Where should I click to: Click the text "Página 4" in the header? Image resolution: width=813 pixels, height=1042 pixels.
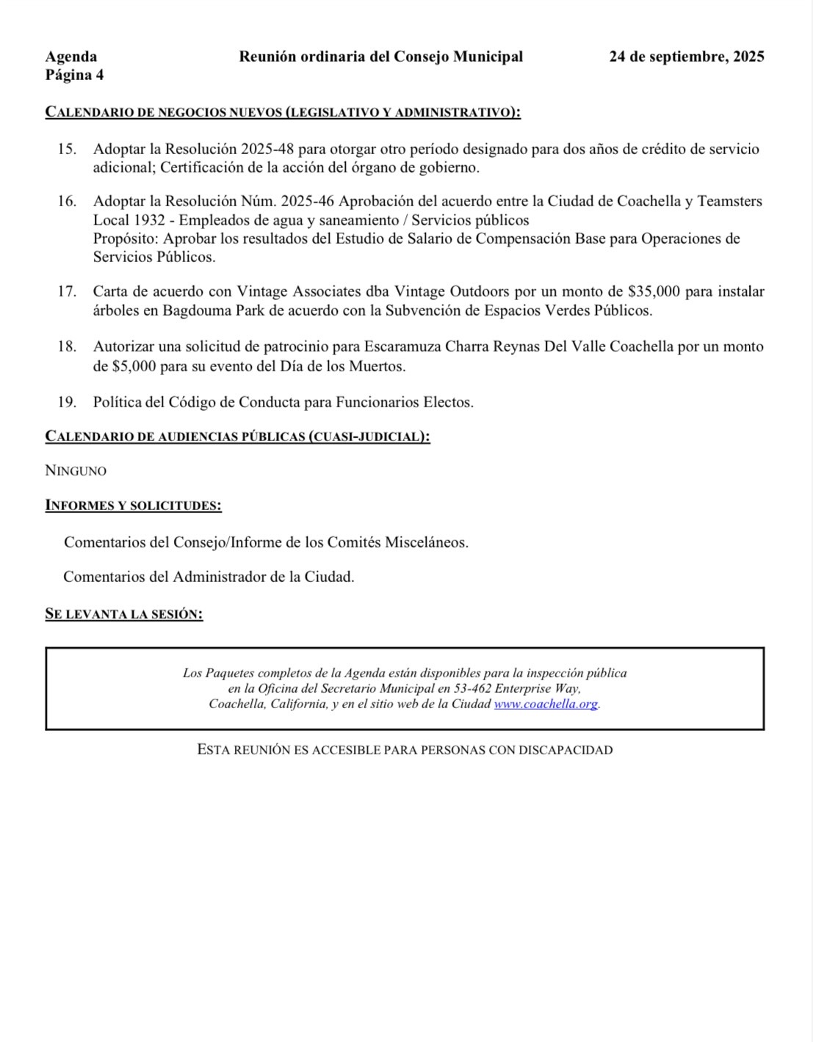[x=74, y=75]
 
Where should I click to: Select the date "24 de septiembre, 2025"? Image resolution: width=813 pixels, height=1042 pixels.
[x=687, y=57]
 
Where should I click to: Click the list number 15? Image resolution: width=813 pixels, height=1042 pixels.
[x=67, y=149]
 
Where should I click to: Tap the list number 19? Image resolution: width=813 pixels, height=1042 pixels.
[x=67, y=402]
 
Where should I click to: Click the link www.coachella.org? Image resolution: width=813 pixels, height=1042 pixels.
[x=546, y=704]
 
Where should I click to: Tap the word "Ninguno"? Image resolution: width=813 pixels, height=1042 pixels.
[x=76, y=471]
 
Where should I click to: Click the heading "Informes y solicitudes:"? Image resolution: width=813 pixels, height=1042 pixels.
[x=133, y=506]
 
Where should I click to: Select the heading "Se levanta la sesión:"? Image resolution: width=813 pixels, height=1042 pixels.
[x=123, y=614]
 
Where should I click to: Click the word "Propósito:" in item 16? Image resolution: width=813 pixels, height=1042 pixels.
[x=126, y=238]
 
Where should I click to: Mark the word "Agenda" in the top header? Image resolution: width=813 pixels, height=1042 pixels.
[x=71, y=57]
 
